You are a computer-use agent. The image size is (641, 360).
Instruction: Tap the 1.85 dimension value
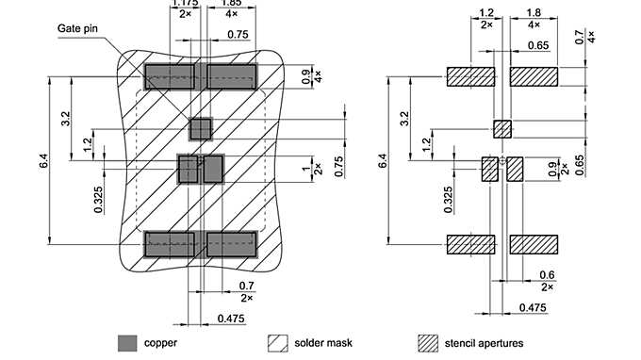click(228, 5)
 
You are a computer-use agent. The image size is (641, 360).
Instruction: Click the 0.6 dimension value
click(546, 276)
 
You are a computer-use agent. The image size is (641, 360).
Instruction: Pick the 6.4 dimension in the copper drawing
click(44, 162)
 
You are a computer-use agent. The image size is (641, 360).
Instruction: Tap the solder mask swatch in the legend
click(278, 343)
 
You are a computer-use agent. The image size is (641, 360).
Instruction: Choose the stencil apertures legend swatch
click(430, 343)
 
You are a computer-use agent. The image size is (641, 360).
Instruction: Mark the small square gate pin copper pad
click(201, 127)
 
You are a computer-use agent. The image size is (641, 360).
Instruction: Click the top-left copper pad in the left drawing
click(170, 76)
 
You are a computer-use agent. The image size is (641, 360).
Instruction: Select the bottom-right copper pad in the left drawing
click(232, 244)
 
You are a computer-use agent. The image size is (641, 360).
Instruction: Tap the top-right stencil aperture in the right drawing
click(534, 76)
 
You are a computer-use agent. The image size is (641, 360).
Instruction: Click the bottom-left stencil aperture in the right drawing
click(471, 244)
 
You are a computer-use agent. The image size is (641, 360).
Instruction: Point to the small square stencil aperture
click(502, 128)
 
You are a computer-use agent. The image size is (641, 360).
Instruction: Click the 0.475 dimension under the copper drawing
click(230, 319)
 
